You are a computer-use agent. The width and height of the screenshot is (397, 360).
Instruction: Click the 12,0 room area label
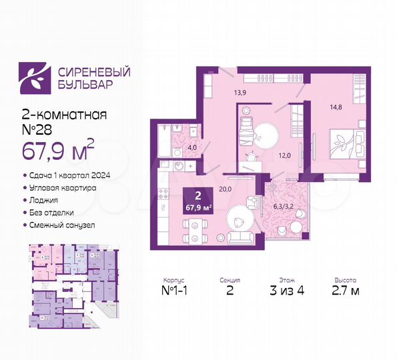(x=285, y=156)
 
